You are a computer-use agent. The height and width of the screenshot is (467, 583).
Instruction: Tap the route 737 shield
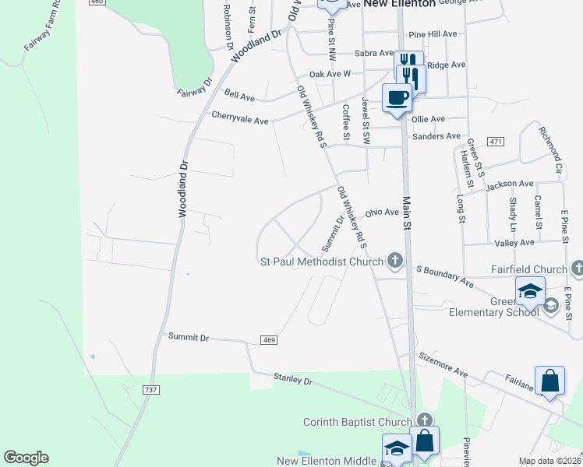click(151, 389)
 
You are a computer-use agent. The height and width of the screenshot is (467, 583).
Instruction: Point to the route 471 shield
click(494, 141)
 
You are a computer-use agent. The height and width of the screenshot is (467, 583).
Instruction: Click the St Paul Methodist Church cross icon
click(395, 262)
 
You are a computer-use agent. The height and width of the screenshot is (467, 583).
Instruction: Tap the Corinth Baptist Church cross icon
click(423, 421)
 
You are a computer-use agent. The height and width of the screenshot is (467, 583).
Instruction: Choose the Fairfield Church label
click(529, 269)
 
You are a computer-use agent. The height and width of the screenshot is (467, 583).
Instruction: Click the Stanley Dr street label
click(292, 381)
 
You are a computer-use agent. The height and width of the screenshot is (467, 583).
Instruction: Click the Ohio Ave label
click(382, 212)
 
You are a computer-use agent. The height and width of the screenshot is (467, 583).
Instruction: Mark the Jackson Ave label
click(509, 184)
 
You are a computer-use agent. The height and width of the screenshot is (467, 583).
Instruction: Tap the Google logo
click(26, 458)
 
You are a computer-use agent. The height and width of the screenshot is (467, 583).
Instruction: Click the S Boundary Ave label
click(444, 274)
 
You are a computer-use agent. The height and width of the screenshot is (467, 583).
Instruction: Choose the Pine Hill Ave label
click(432, 34)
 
